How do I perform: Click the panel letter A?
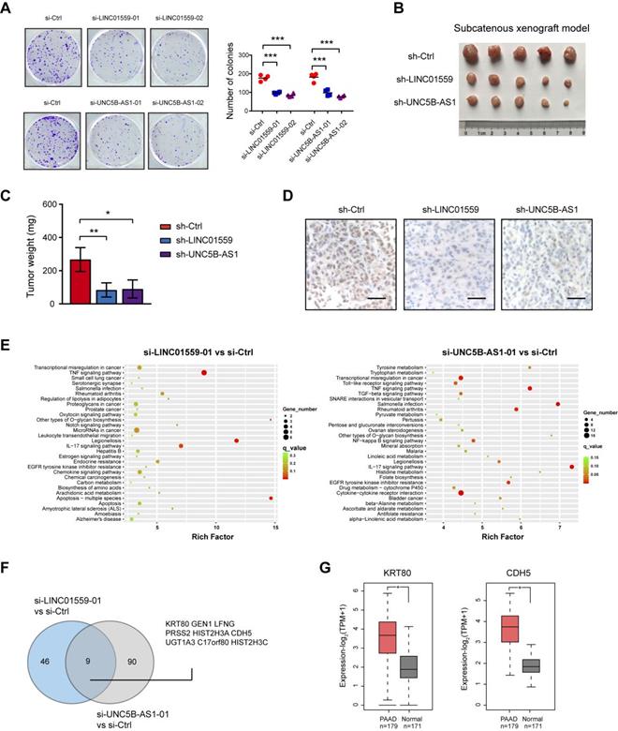click(x=11, y=9)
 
